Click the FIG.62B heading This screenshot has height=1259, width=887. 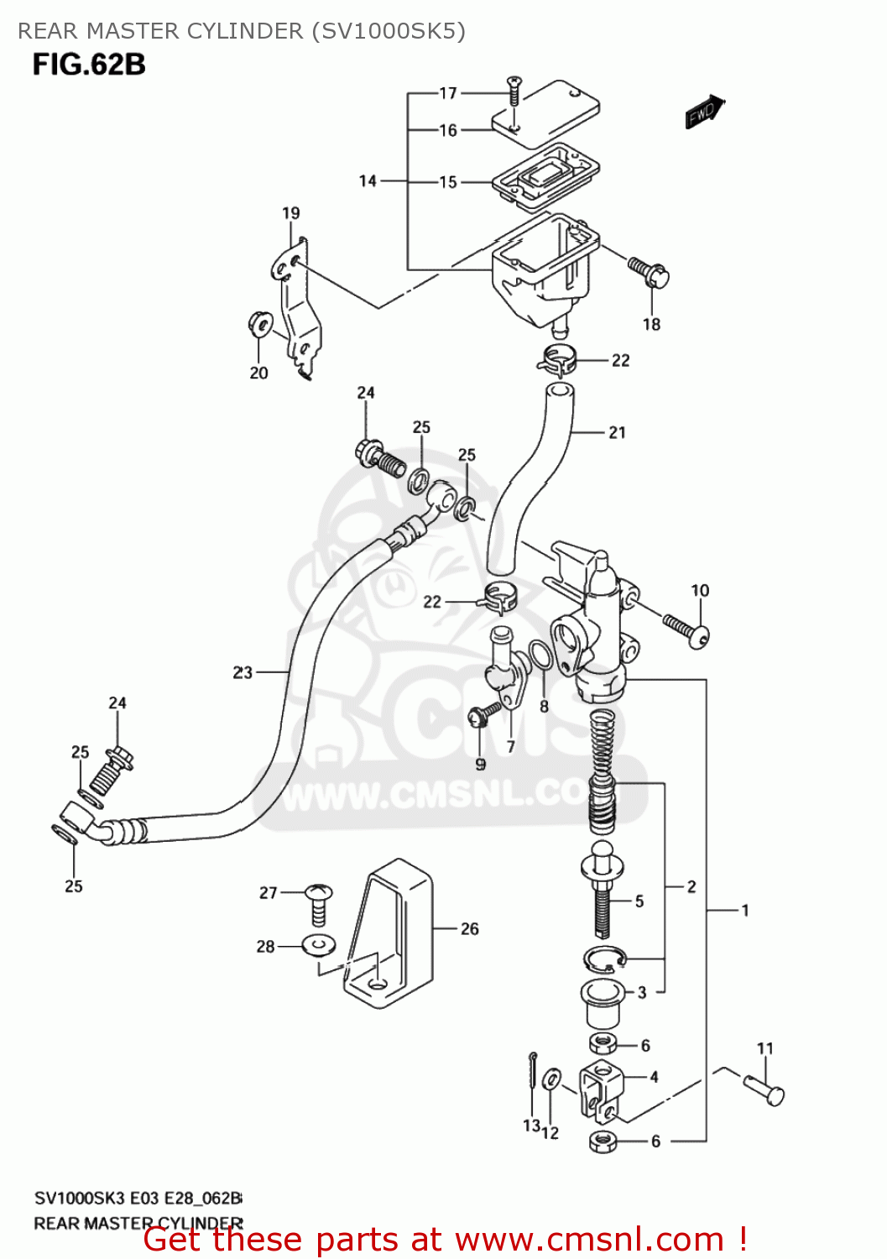[x=89, y=65]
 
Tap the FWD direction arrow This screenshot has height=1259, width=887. [x=703, y=112]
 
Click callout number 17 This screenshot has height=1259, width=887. [x=448, y=93]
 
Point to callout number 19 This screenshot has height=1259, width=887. [x=290, y=213]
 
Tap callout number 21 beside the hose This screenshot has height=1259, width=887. [x=617, y=432]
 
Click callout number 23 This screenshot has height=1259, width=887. [x=243, y=672]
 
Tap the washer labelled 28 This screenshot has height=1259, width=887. [x=318, y=946]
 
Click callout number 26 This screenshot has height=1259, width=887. [x=469, y=928]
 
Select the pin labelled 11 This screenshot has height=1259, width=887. [x=764, y=1088]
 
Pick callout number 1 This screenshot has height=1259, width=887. [x=744, y=910]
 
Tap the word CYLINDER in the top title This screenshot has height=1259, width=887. [x=245, y=31]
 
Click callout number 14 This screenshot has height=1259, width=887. [x=368, y=180]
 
